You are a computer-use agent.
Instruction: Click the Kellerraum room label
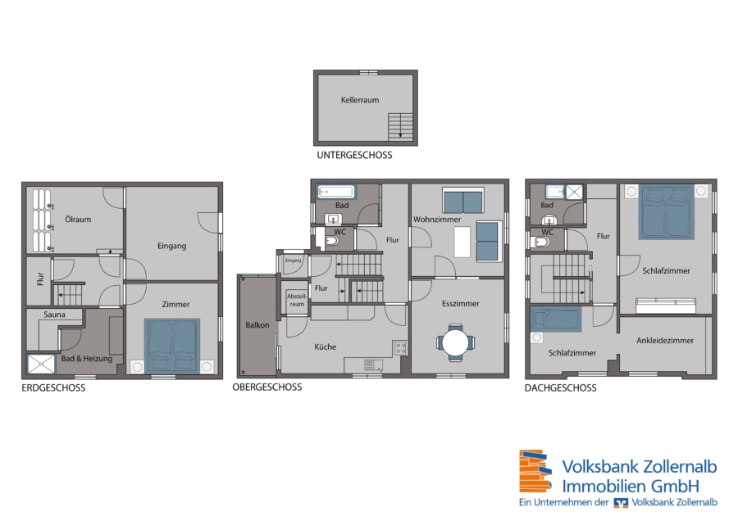360,100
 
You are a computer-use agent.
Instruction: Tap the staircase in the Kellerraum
400,127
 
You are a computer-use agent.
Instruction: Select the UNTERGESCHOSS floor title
354,155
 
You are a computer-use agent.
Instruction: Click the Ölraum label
78,219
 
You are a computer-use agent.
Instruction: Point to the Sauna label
55,315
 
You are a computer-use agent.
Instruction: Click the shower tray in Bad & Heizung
41,365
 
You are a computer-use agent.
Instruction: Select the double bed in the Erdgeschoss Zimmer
172,346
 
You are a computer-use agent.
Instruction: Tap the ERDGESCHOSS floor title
53,388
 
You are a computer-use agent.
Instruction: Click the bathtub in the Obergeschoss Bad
336,192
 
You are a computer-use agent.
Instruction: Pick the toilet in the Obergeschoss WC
331,242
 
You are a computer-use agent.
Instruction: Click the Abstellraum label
297,300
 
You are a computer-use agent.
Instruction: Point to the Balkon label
257,325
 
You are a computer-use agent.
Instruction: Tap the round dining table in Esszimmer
456,342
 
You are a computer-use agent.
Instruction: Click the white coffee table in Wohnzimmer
462,242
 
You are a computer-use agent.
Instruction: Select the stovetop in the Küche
400,348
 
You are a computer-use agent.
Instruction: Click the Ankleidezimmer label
665,341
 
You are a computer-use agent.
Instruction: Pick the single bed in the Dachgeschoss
556,319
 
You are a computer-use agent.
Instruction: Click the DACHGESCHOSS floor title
561,388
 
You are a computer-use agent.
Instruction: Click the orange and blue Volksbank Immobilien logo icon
535,471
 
